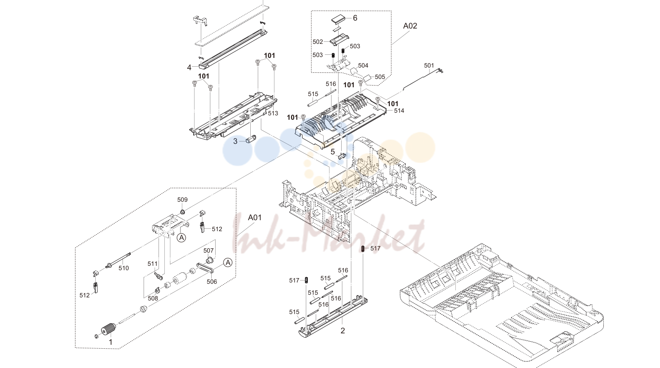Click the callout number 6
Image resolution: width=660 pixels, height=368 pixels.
355,18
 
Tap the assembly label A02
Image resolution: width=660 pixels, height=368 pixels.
410,26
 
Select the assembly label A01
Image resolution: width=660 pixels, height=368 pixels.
255,218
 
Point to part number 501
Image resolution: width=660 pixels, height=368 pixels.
429,65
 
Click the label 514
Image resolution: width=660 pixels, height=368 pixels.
399,111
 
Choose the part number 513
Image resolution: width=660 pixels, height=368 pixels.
273,113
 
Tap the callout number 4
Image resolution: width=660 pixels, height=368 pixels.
189,68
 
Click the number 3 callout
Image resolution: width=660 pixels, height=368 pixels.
235,141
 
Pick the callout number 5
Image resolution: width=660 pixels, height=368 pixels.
333,152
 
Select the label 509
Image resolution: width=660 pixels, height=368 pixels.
182,200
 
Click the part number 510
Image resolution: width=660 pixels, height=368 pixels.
124,268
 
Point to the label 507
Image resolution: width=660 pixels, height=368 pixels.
209,250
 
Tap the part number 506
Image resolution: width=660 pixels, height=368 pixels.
212,282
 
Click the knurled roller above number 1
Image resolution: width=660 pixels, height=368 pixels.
108,329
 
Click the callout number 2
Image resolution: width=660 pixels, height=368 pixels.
343,331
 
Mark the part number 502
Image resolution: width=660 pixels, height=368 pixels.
318,42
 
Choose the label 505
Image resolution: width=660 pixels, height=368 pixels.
380,77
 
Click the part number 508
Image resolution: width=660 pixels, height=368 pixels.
153,298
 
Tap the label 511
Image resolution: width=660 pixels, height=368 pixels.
153,264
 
